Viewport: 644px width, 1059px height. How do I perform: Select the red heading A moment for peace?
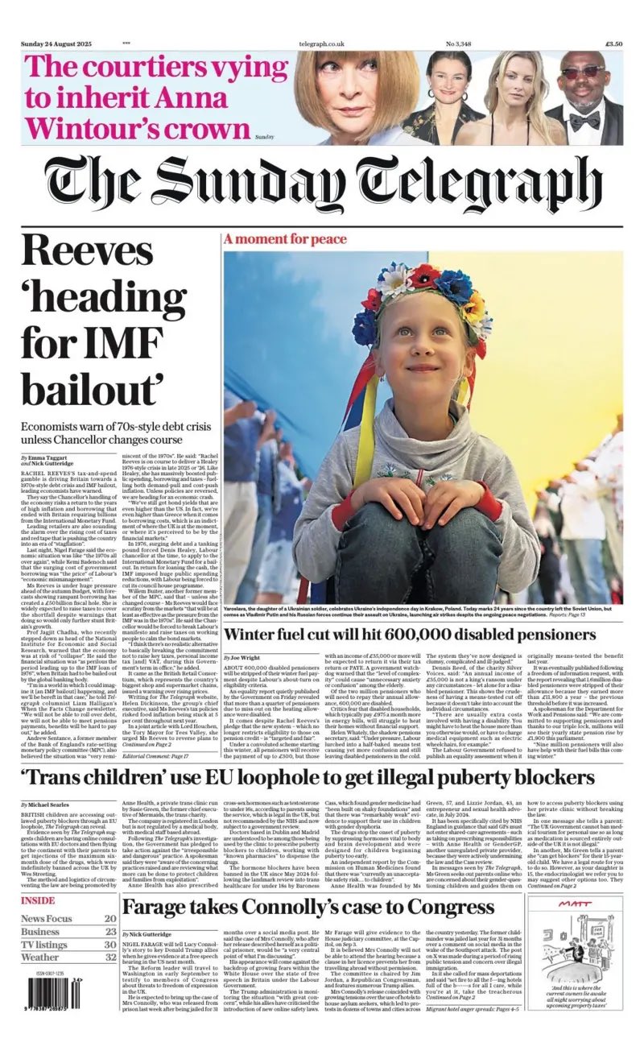pos(279,239)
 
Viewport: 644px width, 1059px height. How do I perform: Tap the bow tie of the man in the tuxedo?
pos(584,120)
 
